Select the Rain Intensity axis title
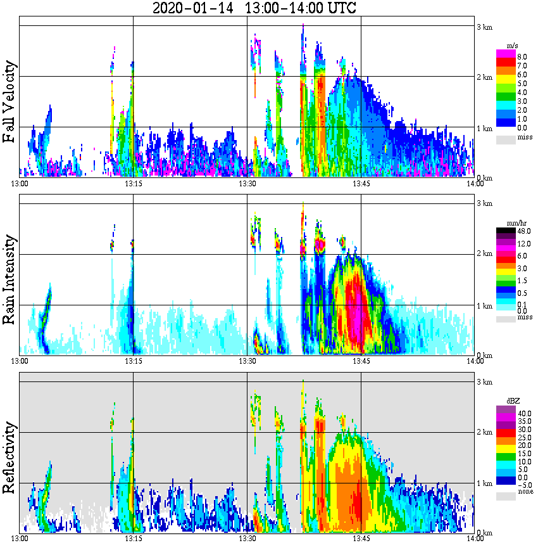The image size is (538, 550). [9, 279]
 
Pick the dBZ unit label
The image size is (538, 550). [513, 400]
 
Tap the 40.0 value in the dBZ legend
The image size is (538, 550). [523, 413]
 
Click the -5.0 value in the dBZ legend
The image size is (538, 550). [523, 484]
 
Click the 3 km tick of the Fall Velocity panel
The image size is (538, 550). [484, 27]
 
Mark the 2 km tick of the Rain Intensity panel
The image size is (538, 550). [484, 253]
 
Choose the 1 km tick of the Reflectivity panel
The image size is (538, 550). [484, 483]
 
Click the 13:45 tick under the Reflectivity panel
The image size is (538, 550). [361, 539]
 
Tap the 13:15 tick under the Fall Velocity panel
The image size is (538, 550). [133, 184]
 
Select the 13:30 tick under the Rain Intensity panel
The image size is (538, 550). [247, 361]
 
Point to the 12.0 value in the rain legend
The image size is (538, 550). [523, 244]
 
